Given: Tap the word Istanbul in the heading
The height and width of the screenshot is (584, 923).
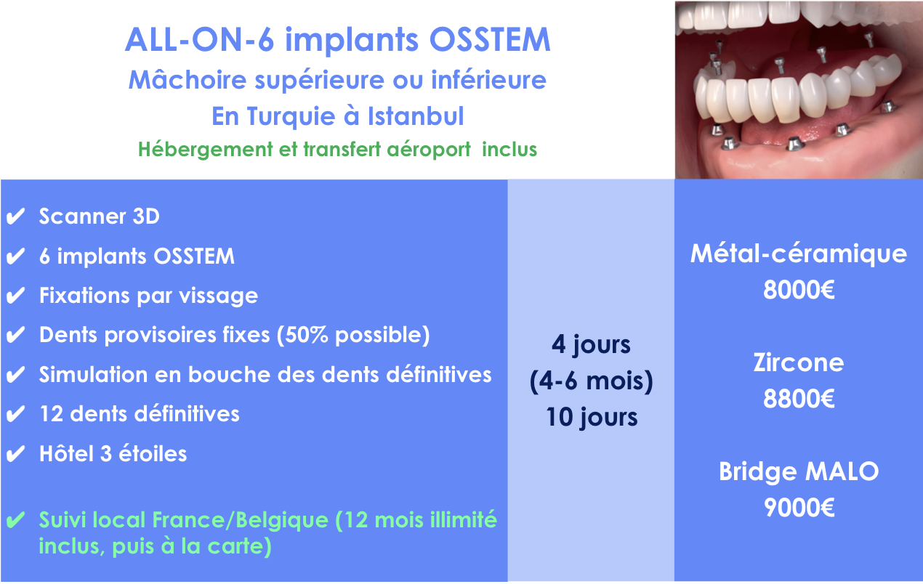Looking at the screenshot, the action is [x=416, y=115].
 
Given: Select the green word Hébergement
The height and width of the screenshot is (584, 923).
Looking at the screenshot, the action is [x=206, y=149].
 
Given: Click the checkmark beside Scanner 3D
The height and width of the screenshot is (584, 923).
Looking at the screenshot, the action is [x=16, y=216].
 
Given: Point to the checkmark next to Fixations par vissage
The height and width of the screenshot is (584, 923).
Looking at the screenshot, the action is [x=16, y=296].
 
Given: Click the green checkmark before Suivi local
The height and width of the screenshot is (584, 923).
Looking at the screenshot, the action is [x=16, y=520].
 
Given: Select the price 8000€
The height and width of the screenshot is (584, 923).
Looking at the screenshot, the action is [x=799, y=290].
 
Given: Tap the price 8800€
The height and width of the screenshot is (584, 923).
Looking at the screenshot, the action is [x=799, y=398].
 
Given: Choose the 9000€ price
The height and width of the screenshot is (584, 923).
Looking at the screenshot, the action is [x=799, y=507].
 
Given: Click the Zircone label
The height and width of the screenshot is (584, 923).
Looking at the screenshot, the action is [x=799, y=362].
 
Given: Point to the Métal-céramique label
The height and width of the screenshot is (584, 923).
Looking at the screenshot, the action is [x=799, y=254].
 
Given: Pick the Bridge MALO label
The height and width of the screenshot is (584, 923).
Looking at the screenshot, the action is [x=799, y=471].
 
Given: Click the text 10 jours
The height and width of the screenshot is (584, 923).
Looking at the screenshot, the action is [x=592, y=417].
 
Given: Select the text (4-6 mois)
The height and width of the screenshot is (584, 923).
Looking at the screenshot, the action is [x=592, y=381].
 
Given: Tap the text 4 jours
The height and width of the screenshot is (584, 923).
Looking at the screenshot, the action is [x=591, y=344].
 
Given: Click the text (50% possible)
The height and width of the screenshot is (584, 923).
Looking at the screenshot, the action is [x=353, y=335].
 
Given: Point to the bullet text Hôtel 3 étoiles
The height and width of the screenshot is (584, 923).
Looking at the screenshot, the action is [x=113, y=453].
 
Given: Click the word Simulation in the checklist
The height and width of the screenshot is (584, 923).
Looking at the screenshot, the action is [x=93, y=374].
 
